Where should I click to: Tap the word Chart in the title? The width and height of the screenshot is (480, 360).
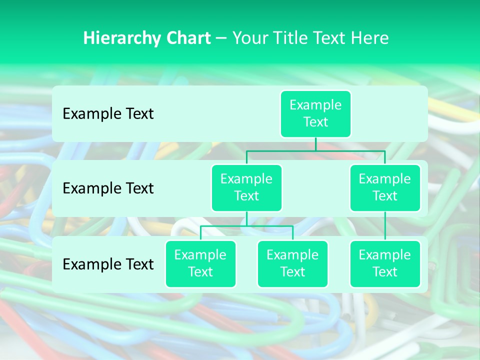tap(187, 38)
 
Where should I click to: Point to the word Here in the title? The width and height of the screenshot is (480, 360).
tap(370, 38)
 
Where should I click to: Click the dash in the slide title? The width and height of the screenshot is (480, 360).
tap(221, 38)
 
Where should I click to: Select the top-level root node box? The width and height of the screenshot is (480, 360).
tap(315, 113)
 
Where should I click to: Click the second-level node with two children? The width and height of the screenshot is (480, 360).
tap(246, 187)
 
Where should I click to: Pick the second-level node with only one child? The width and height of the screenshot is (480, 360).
tap(385, 187)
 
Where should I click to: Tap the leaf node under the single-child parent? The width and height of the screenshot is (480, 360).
tap(385, 263)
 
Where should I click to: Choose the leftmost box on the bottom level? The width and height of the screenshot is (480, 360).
tap(200, 263)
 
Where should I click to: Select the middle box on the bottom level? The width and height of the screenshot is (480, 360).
tap(292, 263)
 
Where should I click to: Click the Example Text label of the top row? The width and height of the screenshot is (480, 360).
tap(108, 113)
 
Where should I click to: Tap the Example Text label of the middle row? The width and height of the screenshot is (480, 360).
tap(108, 188)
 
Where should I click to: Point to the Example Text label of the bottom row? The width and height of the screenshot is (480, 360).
tap(108, 264)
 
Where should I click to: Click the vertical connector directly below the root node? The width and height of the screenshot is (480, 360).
tap(315, 144)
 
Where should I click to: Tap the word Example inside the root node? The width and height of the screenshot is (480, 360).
tap(315, 105)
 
